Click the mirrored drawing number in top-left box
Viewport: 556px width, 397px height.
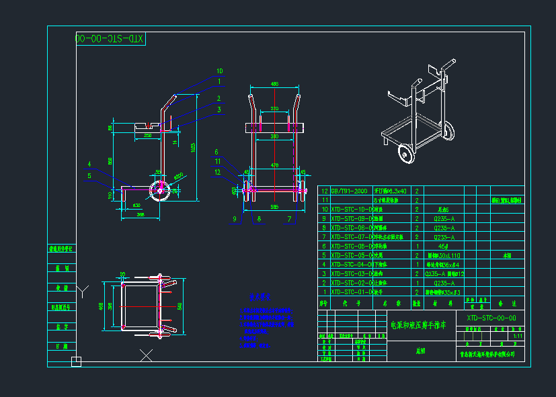click(x=110, y=39)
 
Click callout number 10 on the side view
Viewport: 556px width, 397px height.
click(x=219, y=71)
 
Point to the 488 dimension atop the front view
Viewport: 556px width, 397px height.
click(x=274, y=84)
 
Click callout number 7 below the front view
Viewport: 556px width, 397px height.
click(x=289, y=219)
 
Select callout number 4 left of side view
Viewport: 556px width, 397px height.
click(x=89, y=164)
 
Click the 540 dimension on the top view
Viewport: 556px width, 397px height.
click(x=179, y=306)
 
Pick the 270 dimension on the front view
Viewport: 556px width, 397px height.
click(x=274, y=109)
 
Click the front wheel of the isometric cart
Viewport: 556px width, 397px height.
click(x=405, y=152)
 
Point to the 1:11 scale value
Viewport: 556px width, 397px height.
click(x=517, y=337)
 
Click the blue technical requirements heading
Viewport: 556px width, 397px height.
click(x=260, y=296)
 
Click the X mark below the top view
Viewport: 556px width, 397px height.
click(x=146, y=355)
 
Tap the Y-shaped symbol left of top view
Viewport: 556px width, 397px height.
click(x=82, y=291)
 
